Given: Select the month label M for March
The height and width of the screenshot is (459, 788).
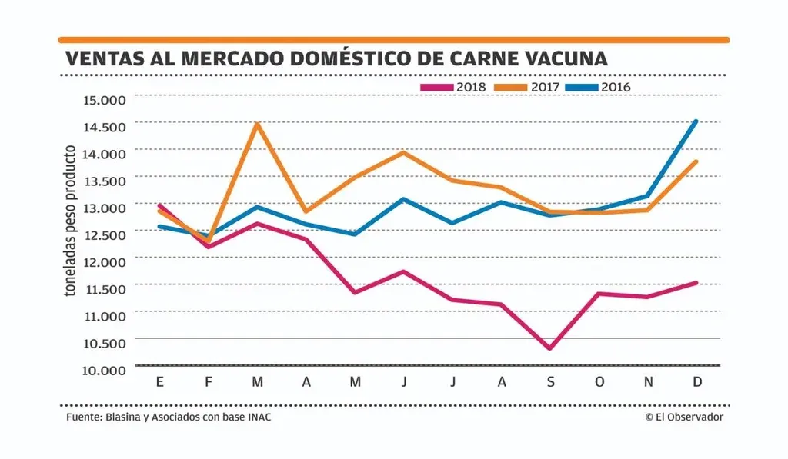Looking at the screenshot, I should [x=257, y=383].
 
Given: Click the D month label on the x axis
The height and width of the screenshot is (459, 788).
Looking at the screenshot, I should [x=696, y=383].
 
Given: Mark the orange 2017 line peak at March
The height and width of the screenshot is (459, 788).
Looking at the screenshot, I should [x=257, y=124].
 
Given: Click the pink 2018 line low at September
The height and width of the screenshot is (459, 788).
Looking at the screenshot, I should [x=549, y=348].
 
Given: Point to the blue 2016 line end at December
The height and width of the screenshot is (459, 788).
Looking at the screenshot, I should [x=696, y=121].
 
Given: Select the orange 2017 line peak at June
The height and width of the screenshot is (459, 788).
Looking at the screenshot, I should [x=403, y=152].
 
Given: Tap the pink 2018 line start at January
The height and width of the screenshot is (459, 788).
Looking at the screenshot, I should [x=159, y=205].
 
